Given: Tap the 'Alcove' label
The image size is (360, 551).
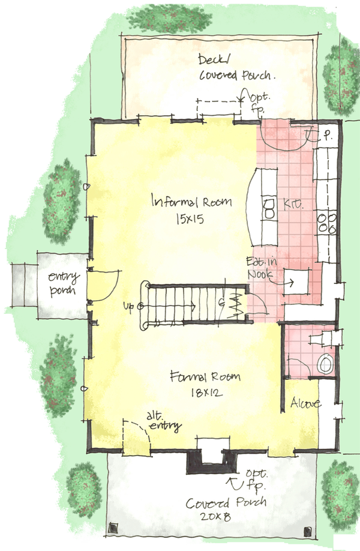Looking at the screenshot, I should pos(305,403).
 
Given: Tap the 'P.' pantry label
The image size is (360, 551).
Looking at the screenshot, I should pos(331,136).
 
